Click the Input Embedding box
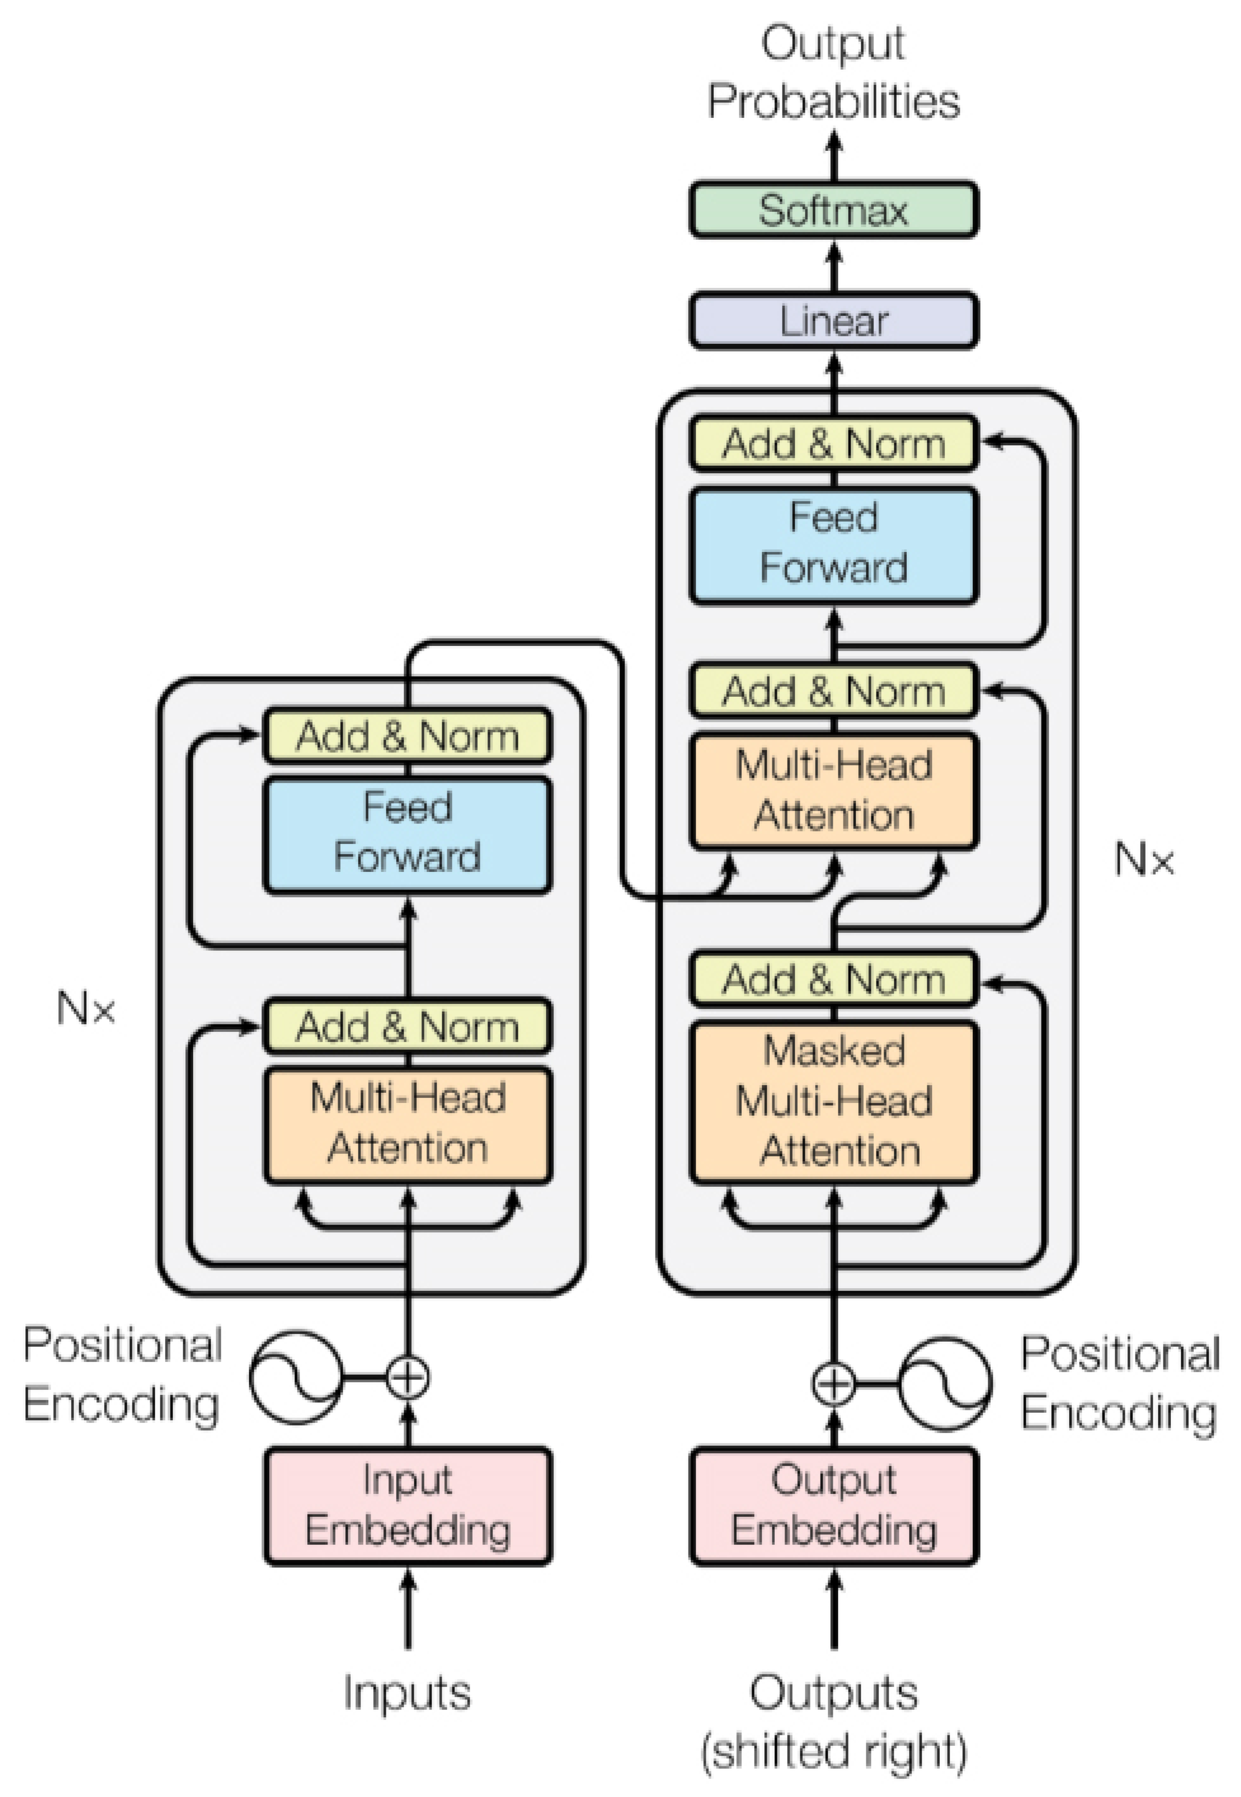pos(407,1505)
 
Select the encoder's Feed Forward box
pos(407,834)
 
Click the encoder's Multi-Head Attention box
pos(407,1124)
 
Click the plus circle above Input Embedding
pos(407,1378)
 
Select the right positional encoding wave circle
pos(945,1383)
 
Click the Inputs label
pos(407,1693)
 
